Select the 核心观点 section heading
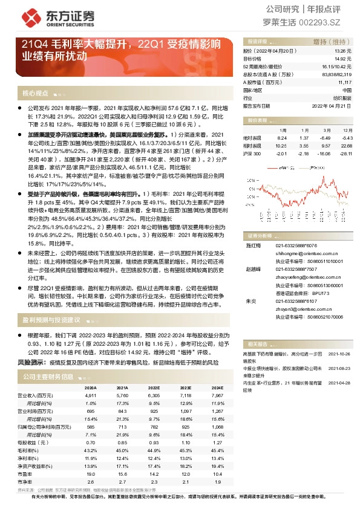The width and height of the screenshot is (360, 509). point(35,93)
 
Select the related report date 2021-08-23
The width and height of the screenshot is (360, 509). point(338,368)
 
